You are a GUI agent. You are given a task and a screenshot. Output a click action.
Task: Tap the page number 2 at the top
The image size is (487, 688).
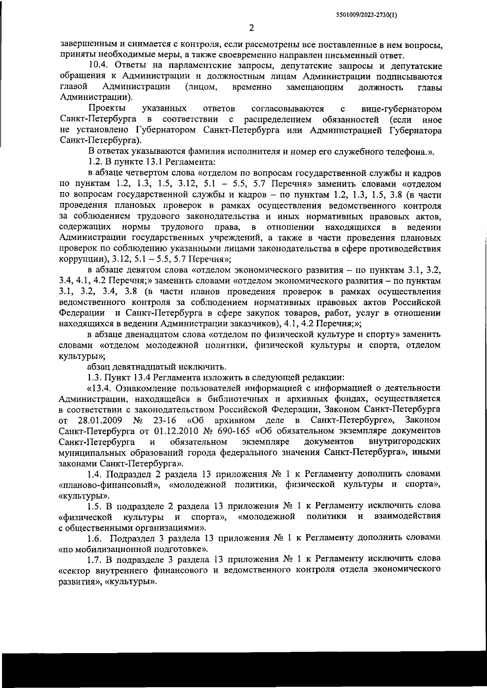tap(251, 28)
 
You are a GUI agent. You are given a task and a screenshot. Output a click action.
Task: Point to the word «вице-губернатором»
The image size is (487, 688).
tap(401, 109)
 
